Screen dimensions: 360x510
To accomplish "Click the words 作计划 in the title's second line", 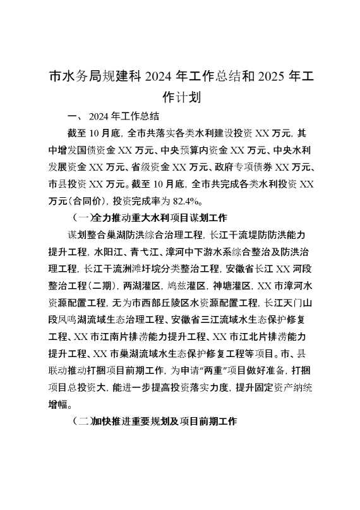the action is (x=181, y=97).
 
